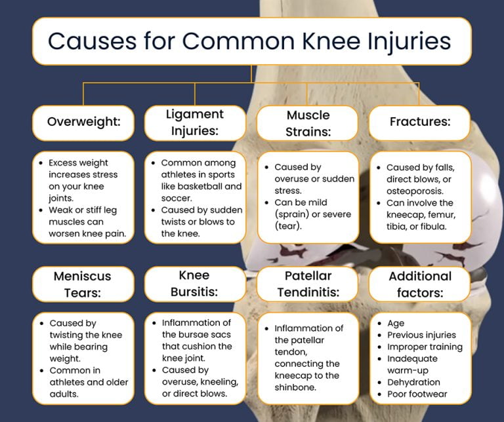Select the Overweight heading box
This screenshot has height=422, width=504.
(x=83, y=123)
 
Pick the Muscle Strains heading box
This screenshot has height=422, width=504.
(x=308, y=123)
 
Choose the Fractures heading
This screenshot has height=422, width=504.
(x=420, y=123)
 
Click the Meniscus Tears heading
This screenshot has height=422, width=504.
(x=83, y=284)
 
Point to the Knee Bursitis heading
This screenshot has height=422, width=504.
(x=195, y=284)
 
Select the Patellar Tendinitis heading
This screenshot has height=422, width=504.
(x=308, y=284)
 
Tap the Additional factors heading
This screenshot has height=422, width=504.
(x=420, y=284)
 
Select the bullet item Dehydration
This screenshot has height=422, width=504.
(x=413, y=382)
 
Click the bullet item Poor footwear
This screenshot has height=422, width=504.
(x=417, y=394)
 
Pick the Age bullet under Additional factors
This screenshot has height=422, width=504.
(x=396, y=323)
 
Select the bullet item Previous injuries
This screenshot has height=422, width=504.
(x=421, y=335)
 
